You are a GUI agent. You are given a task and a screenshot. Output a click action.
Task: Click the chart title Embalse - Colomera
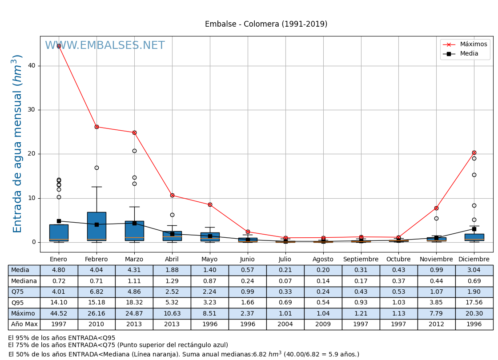tap(266, 24)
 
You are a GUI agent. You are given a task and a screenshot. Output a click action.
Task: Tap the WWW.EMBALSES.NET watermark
tap(105, 46)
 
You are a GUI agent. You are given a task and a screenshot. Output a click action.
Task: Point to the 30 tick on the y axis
tap(32, 110)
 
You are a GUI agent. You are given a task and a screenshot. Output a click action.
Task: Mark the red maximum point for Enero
tap(59, 46)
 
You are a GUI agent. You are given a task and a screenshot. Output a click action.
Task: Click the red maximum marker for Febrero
tap(96, 127)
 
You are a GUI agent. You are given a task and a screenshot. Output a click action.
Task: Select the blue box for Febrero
tap(96, 226)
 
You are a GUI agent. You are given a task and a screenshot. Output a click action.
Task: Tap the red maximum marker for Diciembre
tap(474, 152)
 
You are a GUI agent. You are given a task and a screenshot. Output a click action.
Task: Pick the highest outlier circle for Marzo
tap(134, 151)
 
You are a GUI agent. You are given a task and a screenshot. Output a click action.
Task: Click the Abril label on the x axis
tap(172, 260)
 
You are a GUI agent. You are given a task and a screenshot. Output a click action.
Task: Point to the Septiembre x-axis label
tap(361, 260)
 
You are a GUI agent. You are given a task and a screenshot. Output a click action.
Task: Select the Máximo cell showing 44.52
tap(59, 313)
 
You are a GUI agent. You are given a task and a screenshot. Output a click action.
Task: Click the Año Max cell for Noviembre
tap(436, 324)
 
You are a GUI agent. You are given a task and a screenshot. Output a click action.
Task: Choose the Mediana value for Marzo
tap(134, 281)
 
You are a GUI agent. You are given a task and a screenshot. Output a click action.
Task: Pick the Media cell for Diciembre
tap(474, 270)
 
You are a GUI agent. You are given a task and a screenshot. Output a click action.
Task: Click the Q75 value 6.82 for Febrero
tap(96, 292)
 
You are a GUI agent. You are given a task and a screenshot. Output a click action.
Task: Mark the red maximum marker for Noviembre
tap(436, 208)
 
